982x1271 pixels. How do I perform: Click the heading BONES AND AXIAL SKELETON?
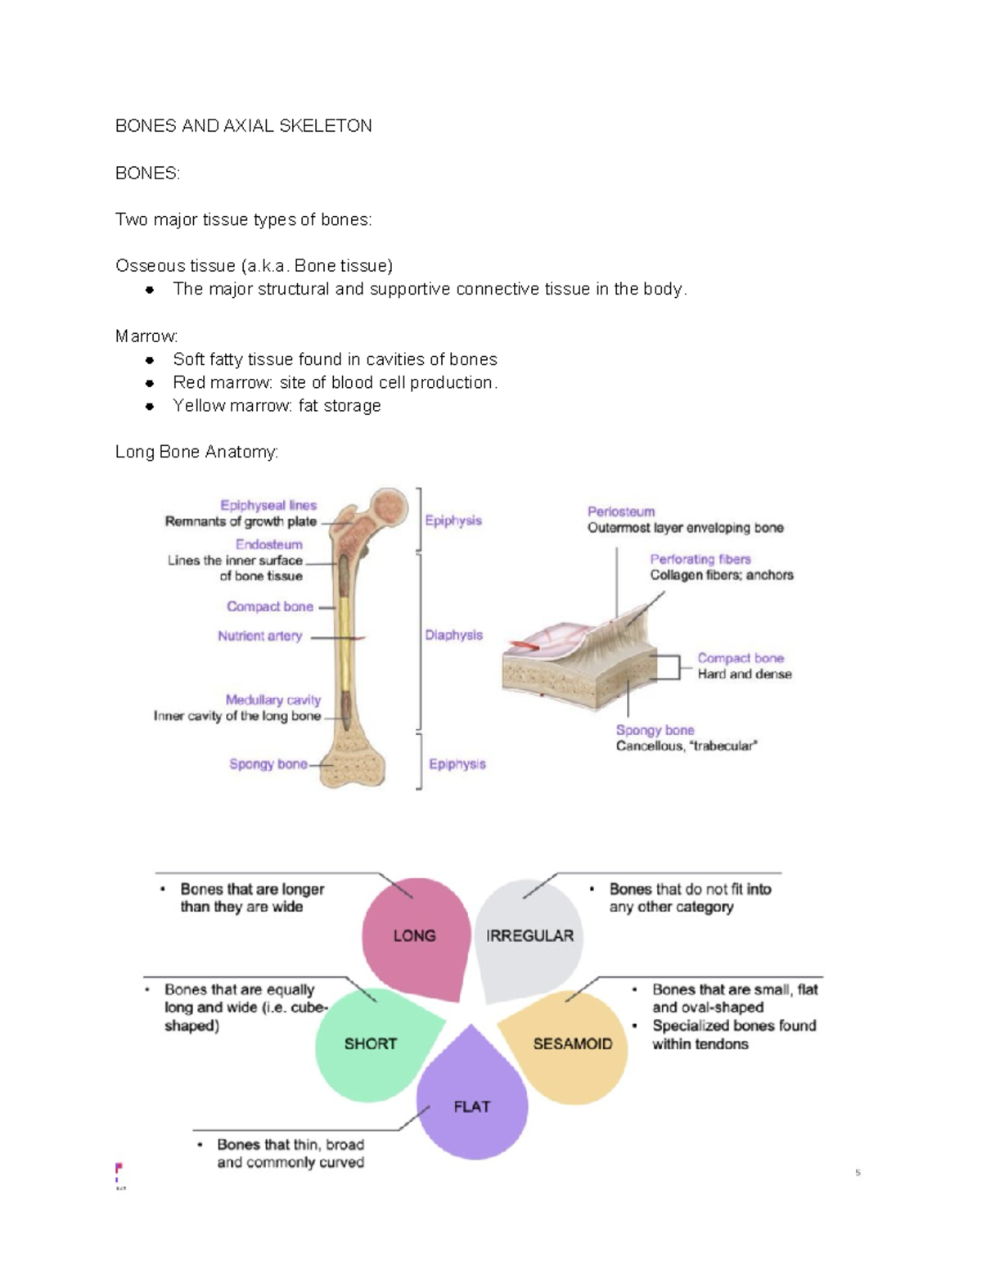(243, 126)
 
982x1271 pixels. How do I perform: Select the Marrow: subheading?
(146, 336)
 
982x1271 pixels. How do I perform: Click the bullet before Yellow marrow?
(149, 407)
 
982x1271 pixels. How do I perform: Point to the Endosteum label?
(268, 544)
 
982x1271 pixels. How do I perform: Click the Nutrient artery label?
(259, 636)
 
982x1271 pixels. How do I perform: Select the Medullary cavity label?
(273, 700)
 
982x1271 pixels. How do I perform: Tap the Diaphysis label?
(453, 635)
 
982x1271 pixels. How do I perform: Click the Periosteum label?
(621, 512)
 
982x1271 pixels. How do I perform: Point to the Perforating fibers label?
(700, 559)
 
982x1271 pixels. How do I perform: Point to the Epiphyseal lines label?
(268, 506)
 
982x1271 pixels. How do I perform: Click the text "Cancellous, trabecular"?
(686, 746)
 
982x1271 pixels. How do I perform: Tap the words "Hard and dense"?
(744, 674)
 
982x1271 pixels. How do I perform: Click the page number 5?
(858, 1173)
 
